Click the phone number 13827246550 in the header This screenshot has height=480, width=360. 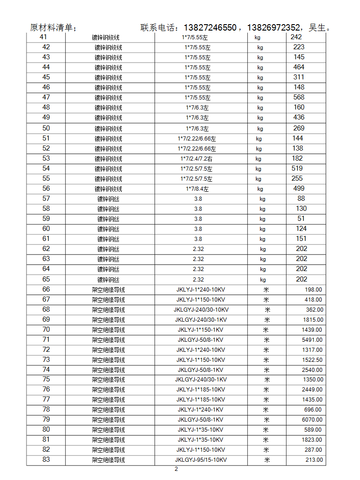coord(209,28)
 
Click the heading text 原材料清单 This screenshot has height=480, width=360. coord(51,28)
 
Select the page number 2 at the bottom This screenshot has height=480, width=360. coord(176,469)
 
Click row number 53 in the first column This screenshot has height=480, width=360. coord(46,158)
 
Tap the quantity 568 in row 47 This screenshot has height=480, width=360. coord(299,97)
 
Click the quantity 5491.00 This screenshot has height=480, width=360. coord(312,340)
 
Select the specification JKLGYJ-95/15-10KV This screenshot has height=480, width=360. coord(201,460)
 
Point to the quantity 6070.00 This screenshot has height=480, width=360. coord(312,420)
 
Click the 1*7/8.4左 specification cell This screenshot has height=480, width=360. coord(197,189)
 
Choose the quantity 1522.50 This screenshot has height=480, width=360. coord(312,360)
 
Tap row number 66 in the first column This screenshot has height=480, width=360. coord(46,289)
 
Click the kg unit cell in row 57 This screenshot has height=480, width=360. coord(262,199)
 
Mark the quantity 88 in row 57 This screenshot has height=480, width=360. coord(301,198)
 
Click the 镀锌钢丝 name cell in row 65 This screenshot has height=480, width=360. coord(108,280)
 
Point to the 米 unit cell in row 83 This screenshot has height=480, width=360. coord(267,460)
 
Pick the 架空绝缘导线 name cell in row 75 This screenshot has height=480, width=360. coord(108,380)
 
